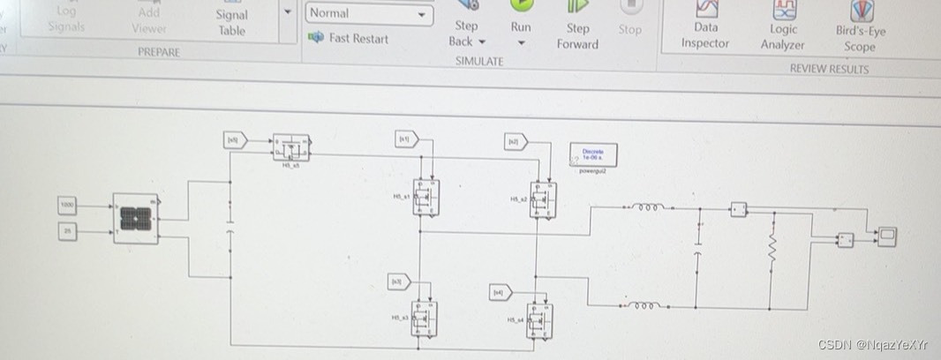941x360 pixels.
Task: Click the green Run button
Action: (x=521, y=7)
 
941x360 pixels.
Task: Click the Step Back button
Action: (x=466, y=34)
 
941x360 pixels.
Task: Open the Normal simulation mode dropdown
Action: (x=369, y=14)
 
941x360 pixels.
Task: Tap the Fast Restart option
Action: (x=349, y=38)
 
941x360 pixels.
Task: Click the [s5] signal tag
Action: (x=235, y=139)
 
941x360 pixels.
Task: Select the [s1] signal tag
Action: (x=406, y=139)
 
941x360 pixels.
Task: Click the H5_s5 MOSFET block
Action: (x=291, y=146)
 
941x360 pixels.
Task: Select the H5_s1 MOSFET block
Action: (x=428, y=196)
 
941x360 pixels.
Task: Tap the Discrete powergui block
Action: (x=593, y=154)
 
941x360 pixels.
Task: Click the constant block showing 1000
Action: (x=67, y=206)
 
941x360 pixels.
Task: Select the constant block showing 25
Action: (x=67, y=231)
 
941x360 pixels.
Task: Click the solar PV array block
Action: (x=135, y=218)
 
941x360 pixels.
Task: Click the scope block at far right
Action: (x=885, y=236)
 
